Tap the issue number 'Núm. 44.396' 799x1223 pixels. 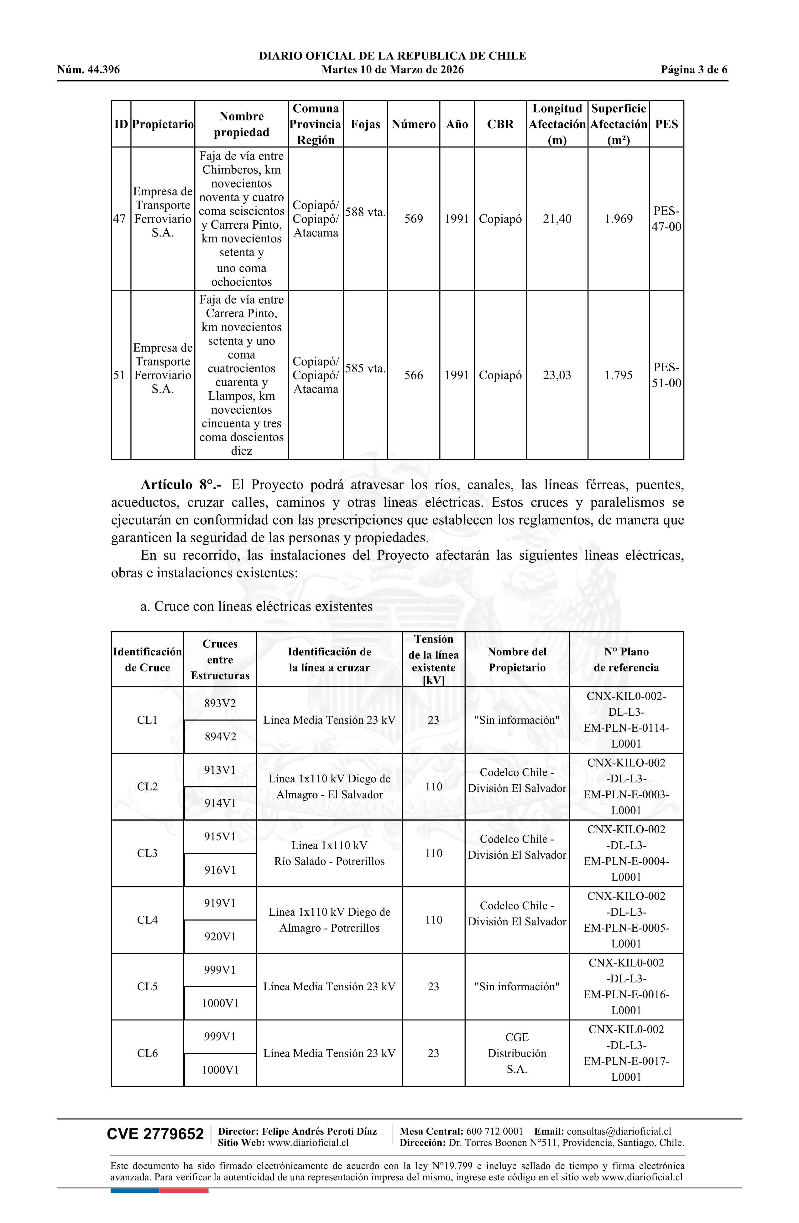tap(88, 70)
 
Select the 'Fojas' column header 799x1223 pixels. tap(365, 124)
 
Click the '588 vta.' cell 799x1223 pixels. tap(365, 212)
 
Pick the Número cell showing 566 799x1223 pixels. tap(413, 375)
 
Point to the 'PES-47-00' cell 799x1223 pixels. tap(666, 219)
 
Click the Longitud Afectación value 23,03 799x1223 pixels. tap(556, 375)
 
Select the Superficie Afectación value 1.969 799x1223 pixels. tap(618, 219)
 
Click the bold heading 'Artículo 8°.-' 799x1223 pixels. tap(181, 484)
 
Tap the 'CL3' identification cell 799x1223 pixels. tap(147, 853)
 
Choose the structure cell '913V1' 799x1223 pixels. tap(220, 770)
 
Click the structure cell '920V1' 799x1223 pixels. tap(220, 936)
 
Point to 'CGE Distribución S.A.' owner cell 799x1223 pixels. tap(517, 1053)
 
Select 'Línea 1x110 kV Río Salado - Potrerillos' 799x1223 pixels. tap(329, 853)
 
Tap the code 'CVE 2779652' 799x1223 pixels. tap(155, 1134)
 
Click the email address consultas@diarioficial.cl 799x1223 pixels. tap(619, 1131)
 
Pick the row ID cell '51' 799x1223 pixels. tap(119, 375)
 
